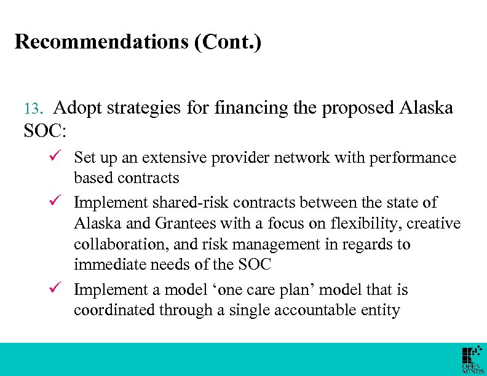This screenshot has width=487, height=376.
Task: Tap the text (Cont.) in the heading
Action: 231,42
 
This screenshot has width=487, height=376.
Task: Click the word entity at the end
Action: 382,311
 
